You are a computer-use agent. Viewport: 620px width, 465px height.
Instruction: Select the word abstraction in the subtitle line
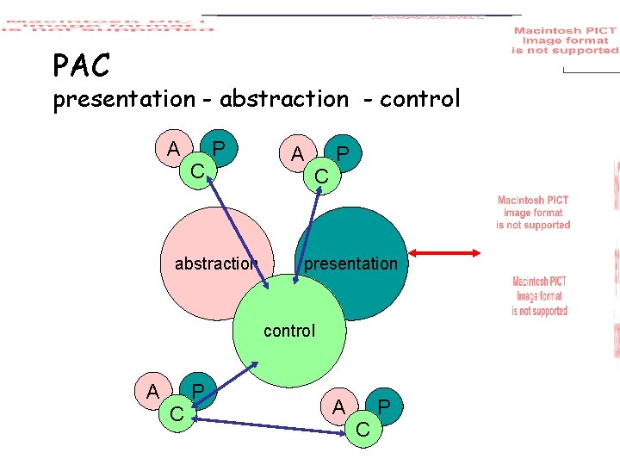pyautogui.click(x=284, y=100)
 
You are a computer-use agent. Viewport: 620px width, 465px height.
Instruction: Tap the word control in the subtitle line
pyautogui.click(x=420, y=100)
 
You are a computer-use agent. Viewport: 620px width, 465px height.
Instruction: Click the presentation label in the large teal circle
pyautogui.click(x=351, y=263)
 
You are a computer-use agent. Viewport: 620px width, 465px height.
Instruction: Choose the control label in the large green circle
pyautogui.click(x=289, y=331)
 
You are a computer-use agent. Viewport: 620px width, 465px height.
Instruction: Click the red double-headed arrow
pyautogui.click(x=444, y=252)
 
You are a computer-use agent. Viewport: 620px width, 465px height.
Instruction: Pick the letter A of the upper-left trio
pyautogui.click(x=173, y=149)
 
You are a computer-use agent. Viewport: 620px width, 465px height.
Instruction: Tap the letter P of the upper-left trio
pyautogui.click(x=219, y=150)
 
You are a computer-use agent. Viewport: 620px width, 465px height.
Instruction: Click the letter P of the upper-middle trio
pyautogui.click(x=343, y=154)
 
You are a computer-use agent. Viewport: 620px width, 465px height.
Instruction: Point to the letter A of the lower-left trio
pyautogui.click(x=152, y=391)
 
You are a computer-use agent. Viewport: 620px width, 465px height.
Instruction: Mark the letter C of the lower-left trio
pyautogui.click(x=177, y=414)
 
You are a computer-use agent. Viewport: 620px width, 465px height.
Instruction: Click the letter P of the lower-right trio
pyautogui.click(x=385, y=406)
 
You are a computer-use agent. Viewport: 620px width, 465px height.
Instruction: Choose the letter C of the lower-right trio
pyautogui.click(x=363, y=427)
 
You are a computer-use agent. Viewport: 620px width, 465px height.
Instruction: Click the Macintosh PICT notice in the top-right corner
pyautogui.click(x=565, y=40)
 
